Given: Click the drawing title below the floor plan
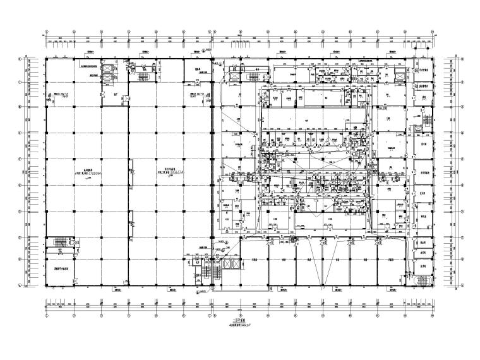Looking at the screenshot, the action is [x=241, y=321].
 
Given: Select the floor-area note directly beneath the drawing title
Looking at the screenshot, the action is [x=241, y=325].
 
